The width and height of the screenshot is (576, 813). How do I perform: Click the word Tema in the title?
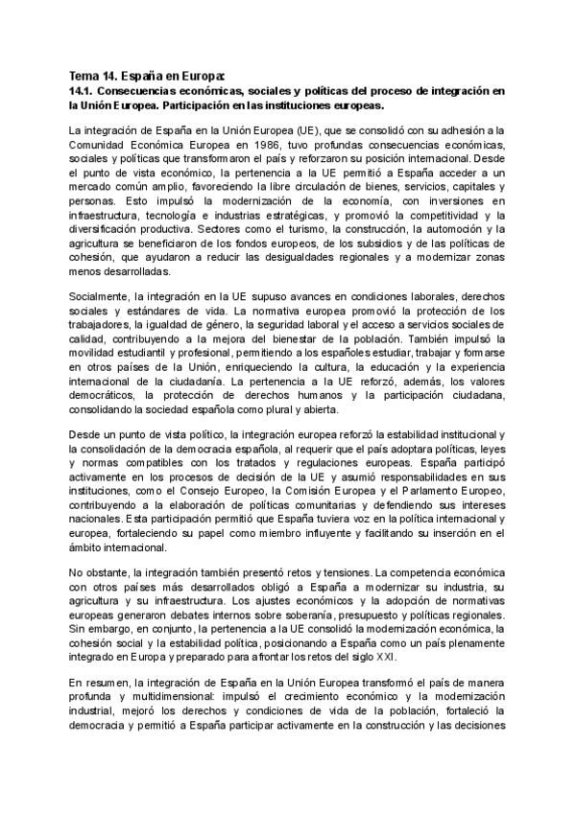pos(85,75)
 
